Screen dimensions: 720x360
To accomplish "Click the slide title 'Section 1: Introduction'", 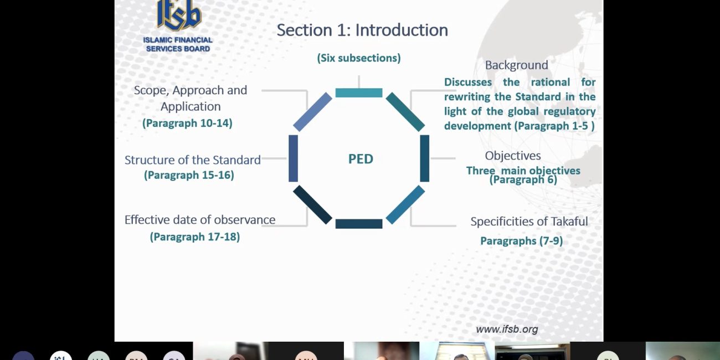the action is (x=362, y=30).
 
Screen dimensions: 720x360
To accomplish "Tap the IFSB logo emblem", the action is (x=179, y=14).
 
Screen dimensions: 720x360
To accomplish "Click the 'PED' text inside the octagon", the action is (x=361, y=159).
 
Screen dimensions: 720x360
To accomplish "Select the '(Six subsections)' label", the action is (x=359, y=58).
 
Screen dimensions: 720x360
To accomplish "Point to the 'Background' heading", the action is (x=516, y=65).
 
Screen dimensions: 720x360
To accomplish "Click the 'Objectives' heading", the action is (x=513, y=156).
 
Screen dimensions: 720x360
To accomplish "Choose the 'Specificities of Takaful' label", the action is (x=529, y=222).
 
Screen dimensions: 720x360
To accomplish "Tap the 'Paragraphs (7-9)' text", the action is (x=521, y=241).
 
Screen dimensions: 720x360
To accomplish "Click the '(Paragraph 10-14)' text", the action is (x=187, y=123).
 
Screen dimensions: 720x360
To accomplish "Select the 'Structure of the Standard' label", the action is (x=193, y=160).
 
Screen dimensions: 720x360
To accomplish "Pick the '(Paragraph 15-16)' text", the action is (x=189, y=175).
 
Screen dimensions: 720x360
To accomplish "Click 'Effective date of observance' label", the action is (x=200, y=220).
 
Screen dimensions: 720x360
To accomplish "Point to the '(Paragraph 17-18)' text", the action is (x=195, y=237).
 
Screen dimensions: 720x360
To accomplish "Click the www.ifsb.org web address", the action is (x=507, y=329).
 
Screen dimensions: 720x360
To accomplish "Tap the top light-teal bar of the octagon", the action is (x=359, y=92).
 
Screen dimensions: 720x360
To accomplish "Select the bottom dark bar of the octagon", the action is (x=359, y=224).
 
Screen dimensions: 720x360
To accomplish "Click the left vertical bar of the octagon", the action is (x=293, y=158).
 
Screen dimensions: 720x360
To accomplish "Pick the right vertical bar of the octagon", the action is (x=425, y=158).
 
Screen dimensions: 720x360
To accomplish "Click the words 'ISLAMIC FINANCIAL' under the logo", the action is (x=178, y=40).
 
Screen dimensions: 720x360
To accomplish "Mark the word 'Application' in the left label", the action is (x=191, y=107).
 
